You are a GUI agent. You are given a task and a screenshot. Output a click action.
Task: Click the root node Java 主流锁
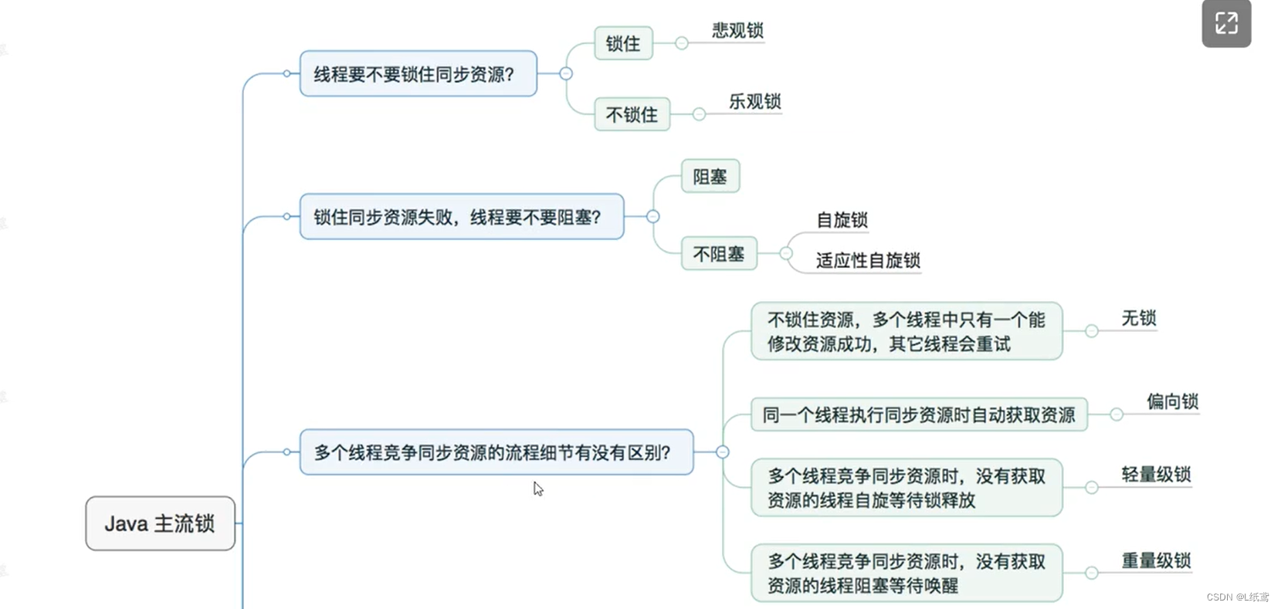160,523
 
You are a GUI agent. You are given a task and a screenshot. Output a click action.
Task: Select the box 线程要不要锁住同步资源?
418,74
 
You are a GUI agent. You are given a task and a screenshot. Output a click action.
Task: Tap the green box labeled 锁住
623,43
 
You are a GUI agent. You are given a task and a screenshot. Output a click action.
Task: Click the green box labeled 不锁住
632,114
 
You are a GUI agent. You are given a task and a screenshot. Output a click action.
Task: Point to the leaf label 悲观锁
737,31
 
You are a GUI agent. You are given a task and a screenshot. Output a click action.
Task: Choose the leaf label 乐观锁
754,102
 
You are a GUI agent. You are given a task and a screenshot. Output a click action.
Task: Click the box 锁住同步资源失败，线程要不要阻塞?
461,217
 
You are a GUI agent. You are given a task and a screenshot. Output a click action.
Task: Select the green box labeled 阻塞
710,177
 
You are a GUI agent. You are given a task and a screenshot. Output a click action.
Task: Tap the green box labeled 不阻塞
718,254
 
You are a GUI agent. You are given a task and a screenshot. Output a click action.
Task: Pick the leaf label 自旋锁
842,221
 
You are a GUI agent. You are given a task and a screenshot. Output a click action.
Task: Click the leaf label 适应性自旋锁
868,261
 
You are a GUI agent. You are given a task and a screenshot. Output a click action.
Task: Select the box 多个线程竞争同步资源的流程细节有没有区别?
496,452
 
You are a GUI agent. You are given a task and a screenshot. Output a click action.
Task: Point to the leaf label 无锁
1138,319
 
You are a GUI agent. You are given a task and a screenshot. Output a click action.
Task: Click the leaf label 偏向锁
1171,402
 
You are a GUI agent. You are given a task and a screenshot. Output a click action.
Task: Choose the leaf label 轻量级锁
1156,475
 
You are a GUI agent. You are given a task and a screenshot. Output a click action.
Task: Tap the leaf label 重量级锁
1156,561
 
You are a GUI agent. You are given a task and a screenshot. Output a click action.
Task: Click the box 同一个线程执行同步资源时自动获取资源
919,415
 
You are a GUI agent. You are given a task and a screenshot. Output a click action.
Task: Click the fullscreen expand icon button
1226,23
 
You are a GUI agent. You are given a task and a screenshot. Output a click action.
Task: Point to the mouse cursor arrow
537,489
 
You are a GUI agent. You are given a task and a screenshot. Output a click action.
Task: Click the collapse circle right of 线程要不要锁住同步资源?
566,73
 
